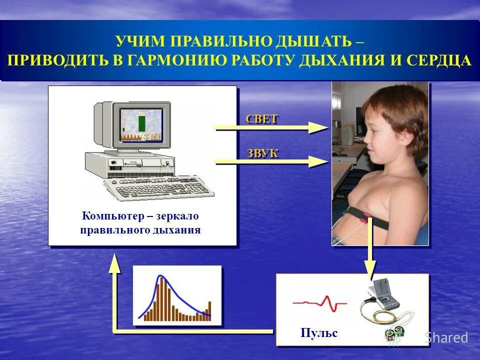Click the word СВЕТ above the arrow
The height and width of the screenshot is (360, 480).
261,119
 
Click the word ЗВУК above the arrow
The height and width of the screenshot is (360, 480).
262,153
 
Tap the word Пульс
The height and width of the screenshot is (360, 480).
319,332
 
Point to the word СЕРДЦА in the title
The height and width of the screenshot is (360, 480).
438,60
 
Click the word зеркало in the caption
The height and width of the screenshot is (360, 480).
177,216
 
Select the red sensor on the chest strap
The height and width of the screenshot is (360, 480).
367,215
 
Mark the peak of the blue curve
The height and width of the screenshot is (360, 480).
160,276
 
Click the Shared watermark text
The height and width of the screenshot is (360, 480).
446,338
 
